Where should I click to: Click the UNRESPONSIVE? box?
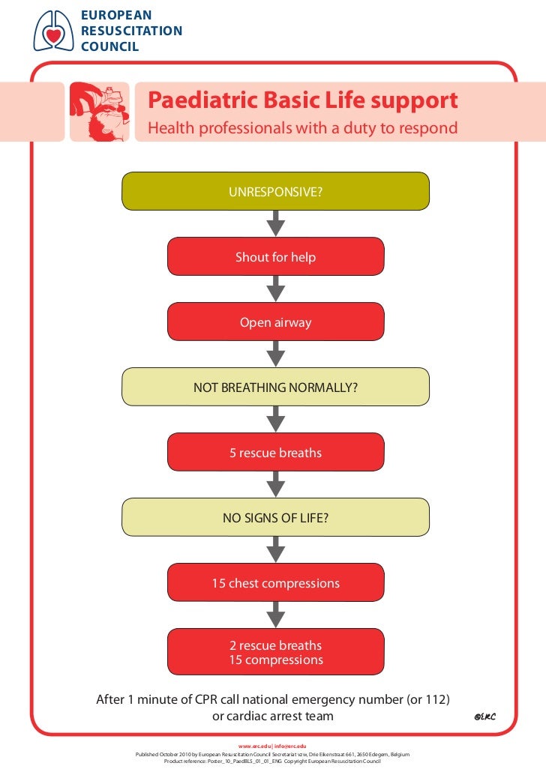coord(275,191)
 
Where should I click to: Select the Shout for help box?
coord(275,257)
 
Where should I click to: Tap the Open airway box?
coord(275,323)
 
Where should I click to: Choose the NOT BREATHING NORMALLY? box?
coord(275,387)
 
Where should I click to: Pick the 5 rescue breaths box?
coord(275,453)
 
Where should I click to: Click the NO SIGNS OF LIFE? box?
coord(275,517)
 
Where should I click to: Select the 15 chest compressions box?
coord(275,582)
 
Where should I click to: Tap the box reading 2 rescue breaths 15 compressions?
coord(275,653)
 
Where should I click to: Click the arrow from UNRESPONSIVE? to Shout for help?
coord(276,223)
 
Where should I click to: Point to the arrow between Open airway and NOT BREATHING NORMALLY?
coord(276,355)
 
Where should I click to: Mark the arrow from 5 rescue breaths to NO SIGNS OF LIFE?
coord(276,484)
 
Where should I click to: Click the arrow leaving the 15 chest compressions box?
coord(276,615)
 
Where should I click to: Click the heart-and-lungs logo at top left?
coord(52,31)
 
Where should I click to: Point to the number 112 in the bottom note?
coord(433,700)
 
